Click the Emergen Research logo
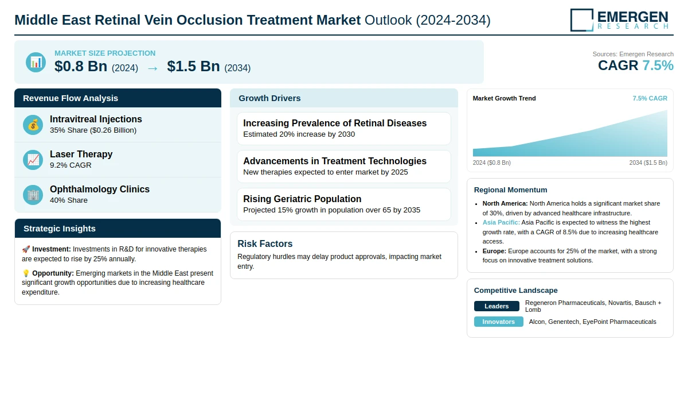coord(619,20)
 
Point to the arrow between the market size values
coord(153,68)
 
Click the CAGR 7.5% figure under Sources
coord(635,65)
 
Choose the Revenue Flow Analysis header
coord(71,98)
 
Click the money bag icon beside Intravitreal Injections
coord(33,125)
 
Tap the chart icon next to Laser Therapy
coord(33,160)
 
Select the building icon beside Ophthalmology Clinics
coord(33,195)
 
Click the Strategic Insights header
coord(60,229)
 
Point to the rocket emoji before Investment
coord(26,249)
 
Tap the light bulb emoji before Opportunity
coord(26,273)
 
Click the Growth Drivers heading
coord(269,98)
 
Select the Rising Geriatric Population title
coord(302,199)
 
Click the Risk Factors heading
coord(265,244)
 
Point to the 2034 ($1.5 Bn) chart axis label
coord(648,163)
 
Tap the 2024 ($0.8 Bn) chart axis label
coord(492,163)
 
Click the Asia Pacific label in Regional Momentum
coord(501,222)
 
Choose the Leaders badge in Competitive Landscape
coord(497,306)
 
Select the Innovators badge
coord(498,322)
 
